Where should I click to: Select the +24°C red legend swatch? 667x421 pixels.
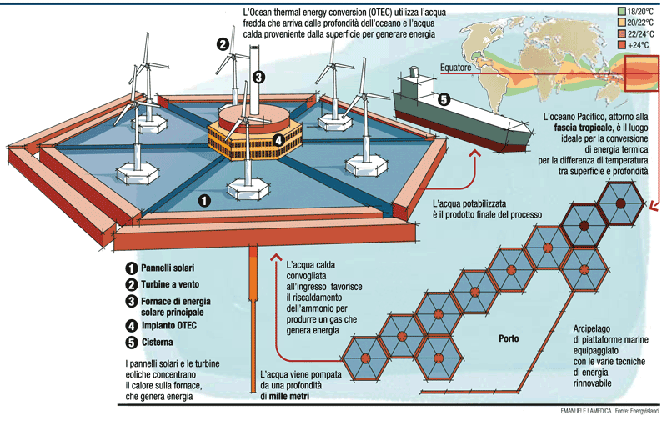click(620, 43)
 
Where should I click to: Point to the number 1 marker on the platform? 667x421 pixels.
click(205, 200)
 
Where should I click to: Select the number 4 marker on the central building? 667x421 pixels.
click(255, 140)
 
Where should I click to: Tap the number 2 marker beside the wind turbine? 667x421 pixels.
click(223, 45)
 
